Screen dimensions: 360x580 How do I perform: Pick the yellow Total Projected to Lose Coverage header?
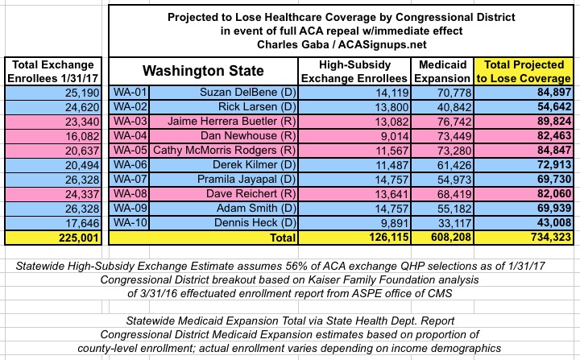524,71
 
